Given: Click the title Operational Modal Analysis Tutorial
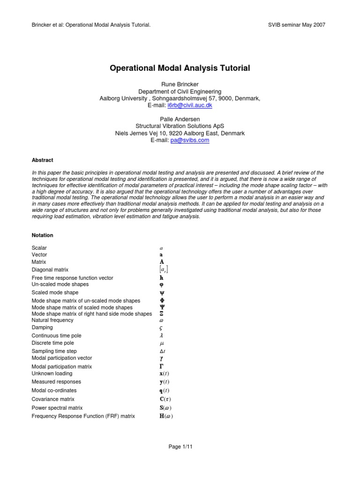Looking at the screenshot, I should pyautogui.click(x=180, y=68).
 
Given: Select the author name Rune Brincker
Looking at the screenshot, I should pyautogui.click(x=180, y=84).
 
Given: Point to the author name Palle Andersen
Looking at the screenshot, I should pyautogui.click(x=180, y=119).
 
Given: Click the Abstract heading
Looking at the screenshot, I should pyautogui.click(x=42, y=160).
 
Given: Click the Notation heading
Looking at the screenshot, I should pyautogui.click(x=42, y=235).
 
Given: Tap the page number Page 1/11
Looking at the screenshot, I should pyautogui.click(x=180, y=447).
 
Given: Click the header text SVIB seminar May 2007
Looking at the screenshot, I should pyautogui.click(x=296, y=24).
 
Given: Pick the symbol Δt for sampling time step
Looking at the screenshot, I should pyautogui.click(x=163, y=351).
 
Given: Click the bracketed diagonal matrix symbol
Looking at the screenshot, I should pyautogui.click(x=164, y=270).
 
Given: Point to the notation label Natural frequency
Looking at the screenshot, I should pyautogui.click(x=52, y=320).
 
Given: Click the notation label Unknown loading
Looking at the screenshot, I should pyautogui.click(x=52, y=374).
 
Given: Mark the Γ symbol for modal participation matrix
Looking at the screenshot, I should pyautogui.click(x=162, y=367).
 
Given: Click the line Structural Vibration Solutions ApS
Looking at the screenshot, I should pyautogui.click(x=180, y=126).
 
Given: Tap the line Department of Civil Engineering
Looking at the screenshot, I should pyautogui.click(x=180, y=91).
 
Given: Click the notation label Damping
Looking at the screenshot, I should pyautogui.click(x=42, y=328).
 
